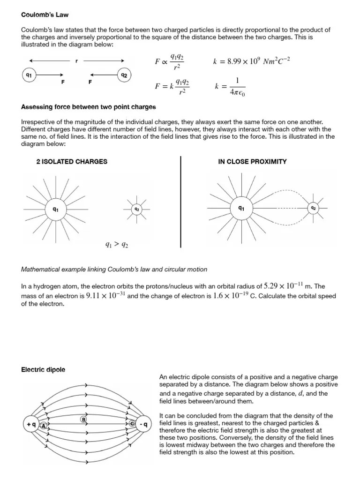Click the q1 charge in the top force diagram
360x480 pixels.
coord(29,75)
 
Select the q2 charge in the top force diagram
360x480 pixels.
coord(124,75)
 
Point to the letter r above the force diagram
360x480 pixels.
coord(76,60)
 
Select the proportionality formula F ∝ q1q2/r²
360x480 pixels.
coord(169,61)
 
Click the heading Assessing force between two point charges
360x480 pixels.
coord(89,107)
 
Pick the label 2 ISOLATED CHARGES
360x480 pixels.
coord(72,162)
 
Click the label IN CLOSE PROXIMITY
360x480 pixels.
coord(252,162)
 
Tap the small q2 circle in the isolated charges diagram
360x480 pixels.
coord(137,209)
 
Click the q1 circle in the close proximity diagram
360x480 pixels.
coord(241,208)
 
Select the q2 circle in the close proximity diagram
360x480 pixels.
coord(313,208)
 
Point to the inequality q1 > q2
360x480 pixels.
coord(116,244)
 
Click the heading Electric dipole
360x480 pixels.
coord(43,370)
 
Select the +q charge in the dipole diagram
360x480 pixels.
coord(31,425)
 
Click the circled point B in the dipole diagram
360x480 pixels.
coord(83,419)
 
